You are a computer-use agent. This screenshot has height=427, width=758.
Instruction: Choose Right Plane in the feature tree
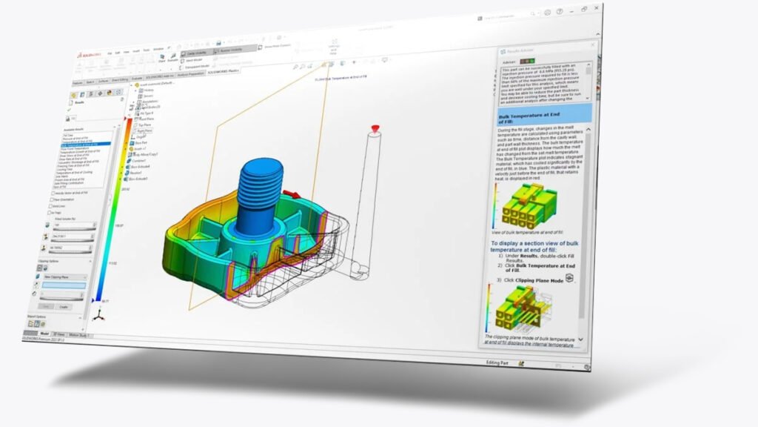(x=144, y=130)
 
